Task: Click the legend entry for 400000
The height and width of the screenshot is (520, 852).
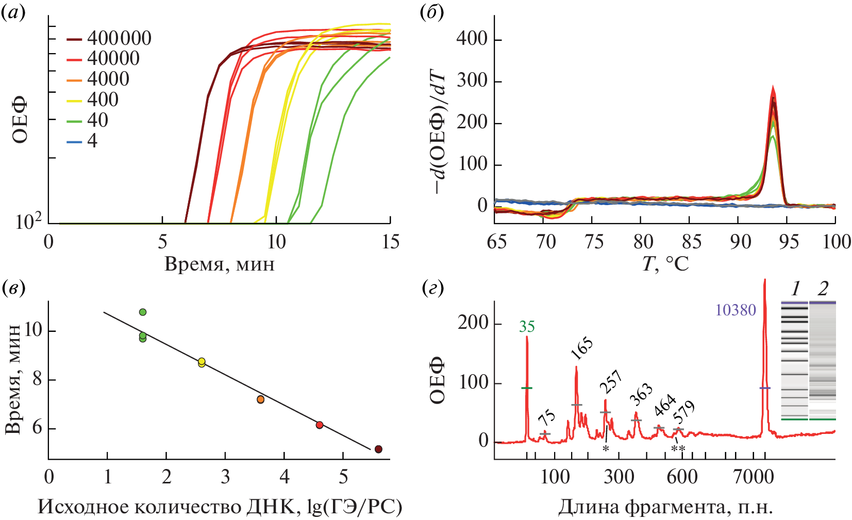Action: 109,39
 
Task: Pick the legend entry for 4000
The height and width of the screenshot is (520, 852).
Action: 98,79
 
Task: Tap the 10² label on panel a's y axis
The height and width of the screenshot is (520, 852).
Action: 28,222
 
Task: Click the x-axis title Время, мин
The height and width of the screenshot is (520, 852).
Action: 220,264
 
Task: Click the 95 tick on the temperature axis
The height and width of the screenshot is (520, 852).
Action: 788,241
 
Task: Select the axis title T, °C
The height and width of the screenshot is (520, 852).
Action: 665,264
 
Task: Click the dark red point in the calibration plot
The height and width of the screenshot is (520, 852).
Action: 378,449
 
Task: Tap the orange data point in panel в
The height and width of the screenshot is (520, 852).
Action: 260,399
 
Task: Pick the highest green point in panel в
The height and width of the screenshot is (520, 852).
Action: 143,312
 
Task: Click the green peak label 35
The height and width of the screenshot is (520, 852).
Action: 527,327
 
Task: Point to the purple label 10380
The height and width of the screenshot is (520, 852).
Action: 736,310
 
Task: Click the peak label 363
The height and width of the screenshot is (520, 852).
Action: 641,395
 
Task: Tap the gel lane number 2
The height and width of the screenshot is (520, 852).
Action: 823,289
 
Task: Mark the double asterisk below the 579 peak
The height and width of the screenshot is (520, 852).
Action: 678,449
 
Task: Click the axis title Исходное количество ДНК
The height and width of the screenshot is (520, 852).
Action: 220,507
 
